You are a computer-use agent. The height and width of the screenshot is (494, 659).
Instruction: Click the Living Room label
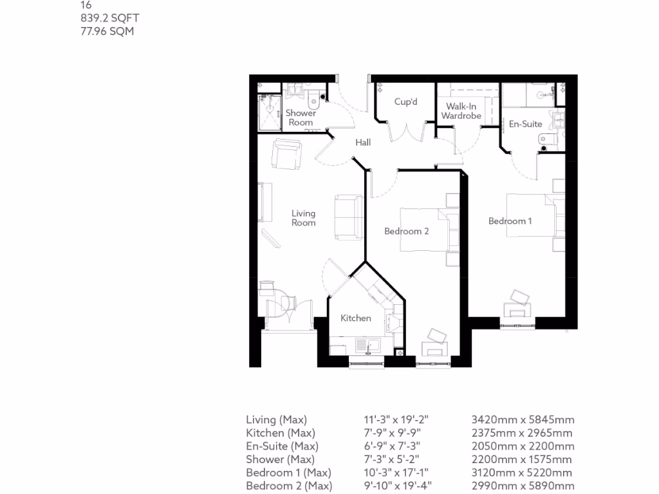click(303, 218)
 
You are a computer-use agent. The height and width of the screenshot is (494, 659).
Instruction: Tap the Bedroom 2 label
click(406, 232)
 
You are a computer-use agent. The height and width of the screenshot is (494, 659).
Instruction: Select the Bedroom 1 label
click(510, 221)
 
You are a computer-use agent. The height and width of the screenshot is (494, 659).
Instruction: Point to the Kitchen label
click(355, 318)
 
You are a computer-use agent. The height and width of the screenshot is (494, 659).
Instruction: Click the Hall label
click(363, 142)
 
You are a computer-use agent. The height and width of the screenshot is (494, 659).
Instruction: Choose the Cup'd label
click(406, 102)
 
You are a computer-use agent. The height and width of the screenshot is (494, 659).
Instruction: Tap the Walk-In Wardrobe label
click(461, 111)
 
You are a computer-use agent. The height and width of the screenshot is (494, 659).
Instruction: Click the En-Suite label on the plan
click(525, 123)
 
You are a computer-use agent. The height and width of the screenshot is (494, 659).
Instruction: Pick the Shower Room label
click(301, 118)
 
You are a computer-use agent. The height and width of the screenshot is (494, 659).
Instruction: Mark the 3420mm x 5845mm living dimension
click(523, 419)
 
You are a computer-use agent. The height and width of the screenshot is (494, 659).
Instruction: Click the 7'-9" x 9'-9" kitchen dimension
click(395, 433)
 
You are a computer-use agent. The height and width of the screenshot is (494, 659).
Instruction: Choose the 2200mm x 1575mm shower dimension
click(522, 459)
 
